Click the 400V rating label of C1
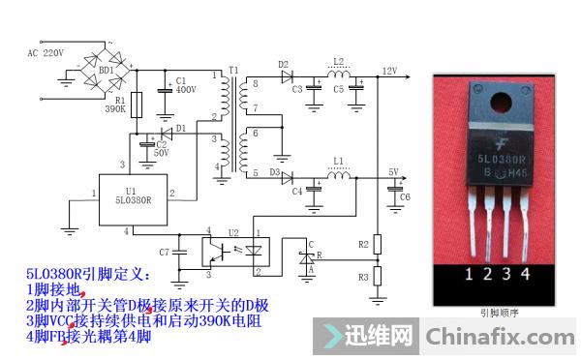[185, 89]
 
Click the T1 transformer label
[231, 71]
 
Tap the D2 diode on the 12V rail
[286, 76]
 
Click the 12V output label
[390, 71]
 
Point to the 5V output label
[392, 172]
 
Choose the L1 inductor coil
[338, 177]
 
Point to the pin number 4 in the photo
[526, 275]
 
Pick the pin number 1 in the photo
[470, 275]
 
